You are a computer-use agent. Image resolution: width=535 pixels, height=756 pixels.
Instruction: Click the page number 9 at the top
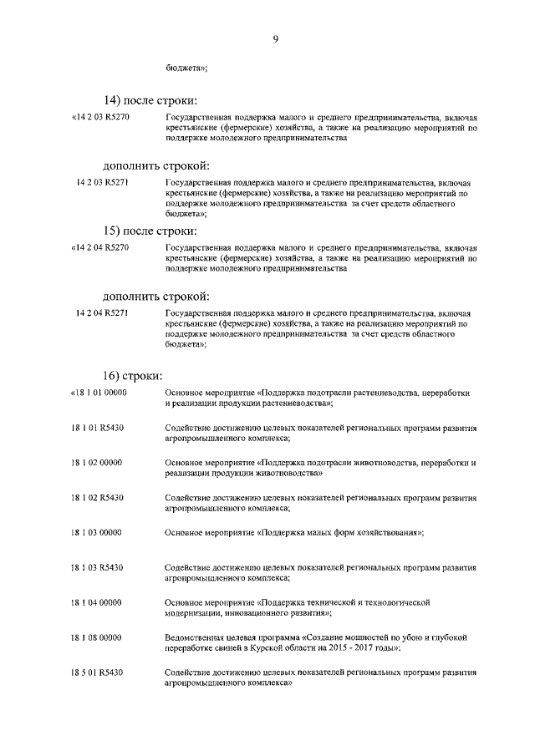point(274,38)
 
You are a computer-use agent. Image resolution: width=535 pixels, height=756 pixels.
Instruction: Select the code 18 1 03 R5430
point(97,568)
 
